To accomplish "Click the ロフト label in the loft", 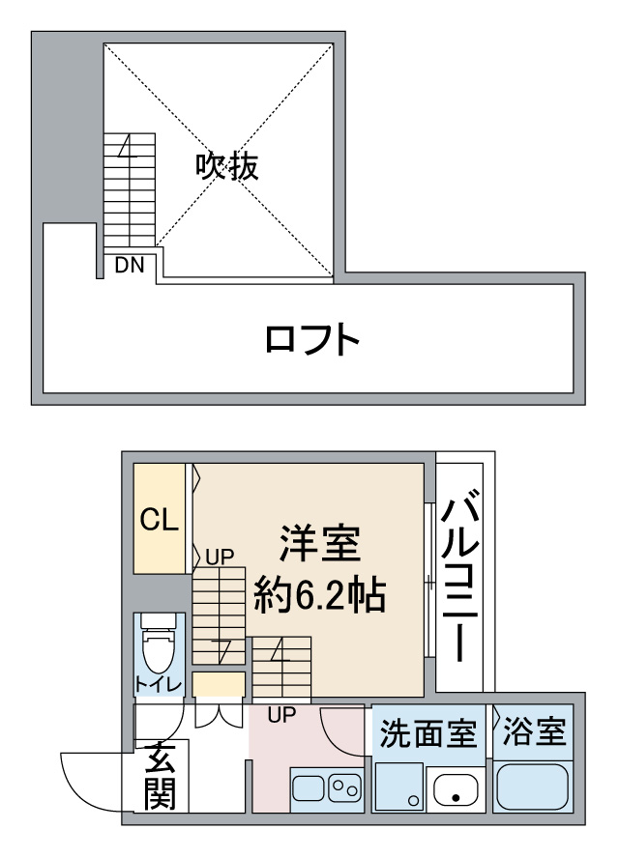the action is (311, 339).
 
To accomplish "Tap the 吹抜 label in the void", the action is (227, 166).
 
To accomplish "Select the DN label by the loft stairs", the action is (130, 266).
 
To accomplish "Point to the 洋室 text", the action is (320, 543).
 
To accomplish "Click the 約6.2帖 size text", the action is (320, 594).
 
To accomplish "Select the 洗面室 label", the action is (427, 733).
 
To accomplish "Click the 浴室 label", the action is (534, 731).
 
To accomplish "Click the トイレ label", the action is (159, 684).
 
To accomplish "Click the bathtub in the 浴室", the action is (533, 786).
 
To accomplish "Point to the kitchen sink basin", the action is (309, 788).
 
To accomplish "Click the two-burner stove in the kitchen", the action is (345, 788).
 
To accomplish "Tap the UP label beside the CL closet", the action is (221, 558).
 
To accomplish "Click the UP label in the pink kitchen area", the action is (281, 715).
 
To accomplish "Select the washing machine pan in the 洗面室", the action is (399, 786).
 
